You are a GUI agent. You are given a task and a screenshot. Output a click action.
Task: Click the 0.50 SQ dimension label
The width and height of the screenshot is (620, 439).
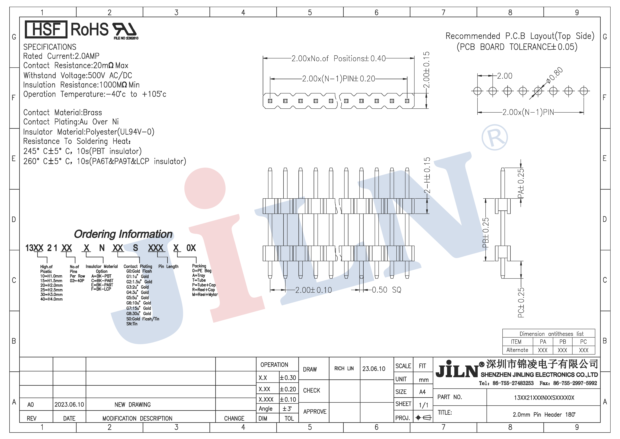386,290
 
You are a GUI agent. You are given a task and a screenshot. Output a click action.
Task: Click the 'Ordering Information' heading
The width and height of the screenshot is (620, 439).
123,234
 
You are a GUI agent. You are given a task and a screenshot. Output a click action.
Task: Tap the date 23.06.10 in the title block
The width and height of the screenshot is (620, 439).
374,369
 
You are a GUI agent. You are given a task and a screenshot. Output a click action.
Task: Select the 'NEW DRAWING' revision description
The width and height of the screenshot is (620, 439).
133,405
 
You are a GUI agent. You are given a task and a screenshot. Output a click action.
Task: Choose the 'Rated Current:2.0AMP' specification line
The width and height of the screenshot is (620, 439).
61,56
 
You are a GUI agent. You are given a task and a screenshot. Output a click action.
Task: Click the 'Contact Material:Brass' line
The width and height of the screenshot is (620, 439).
63,112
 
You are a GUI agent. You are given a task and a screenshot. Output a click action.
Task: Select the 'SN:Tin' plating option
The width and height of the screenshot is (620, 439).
132,324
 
